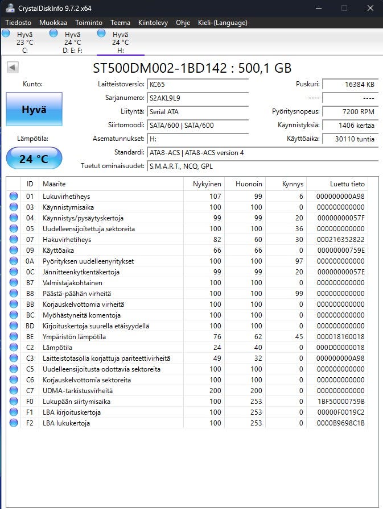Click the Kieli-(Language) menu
point(223,23)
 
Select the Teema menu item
point(120,23)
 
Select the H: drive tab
point(120,43)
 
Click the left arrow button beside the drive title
point(13,68)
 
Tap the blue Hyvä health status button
point(34,109)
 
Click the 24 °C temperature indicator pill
point(34,158)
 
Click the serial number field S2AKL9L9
point(197,98)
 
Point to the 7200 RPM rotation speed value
point(350,111)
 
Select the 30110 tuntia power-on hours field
point(350,139)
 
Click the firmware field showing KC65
point(197,84)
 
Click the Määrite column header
point(54,184)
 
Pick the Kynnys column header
point(293,184)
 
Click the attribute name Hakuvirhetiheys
point(67,240)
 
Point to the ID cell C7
point(30,391)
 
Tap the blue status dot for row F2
point(14,423)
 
